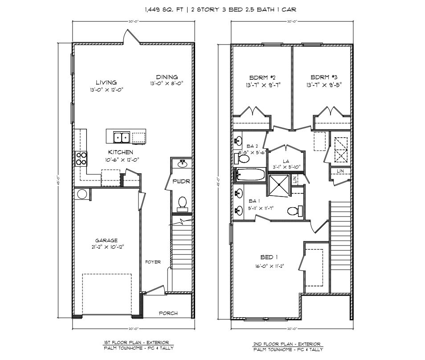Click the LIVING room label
[106, 82]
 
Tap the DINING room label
[167, 77]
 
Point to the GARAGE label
[106, 241]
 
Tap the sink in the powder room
[182, 164]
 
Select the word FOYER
[153, 262]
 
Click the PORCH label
[168, 313]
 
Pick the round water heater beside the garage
[82, 194]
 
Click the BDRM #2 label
[262, 77]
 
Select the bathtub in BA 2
[249, 175]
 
